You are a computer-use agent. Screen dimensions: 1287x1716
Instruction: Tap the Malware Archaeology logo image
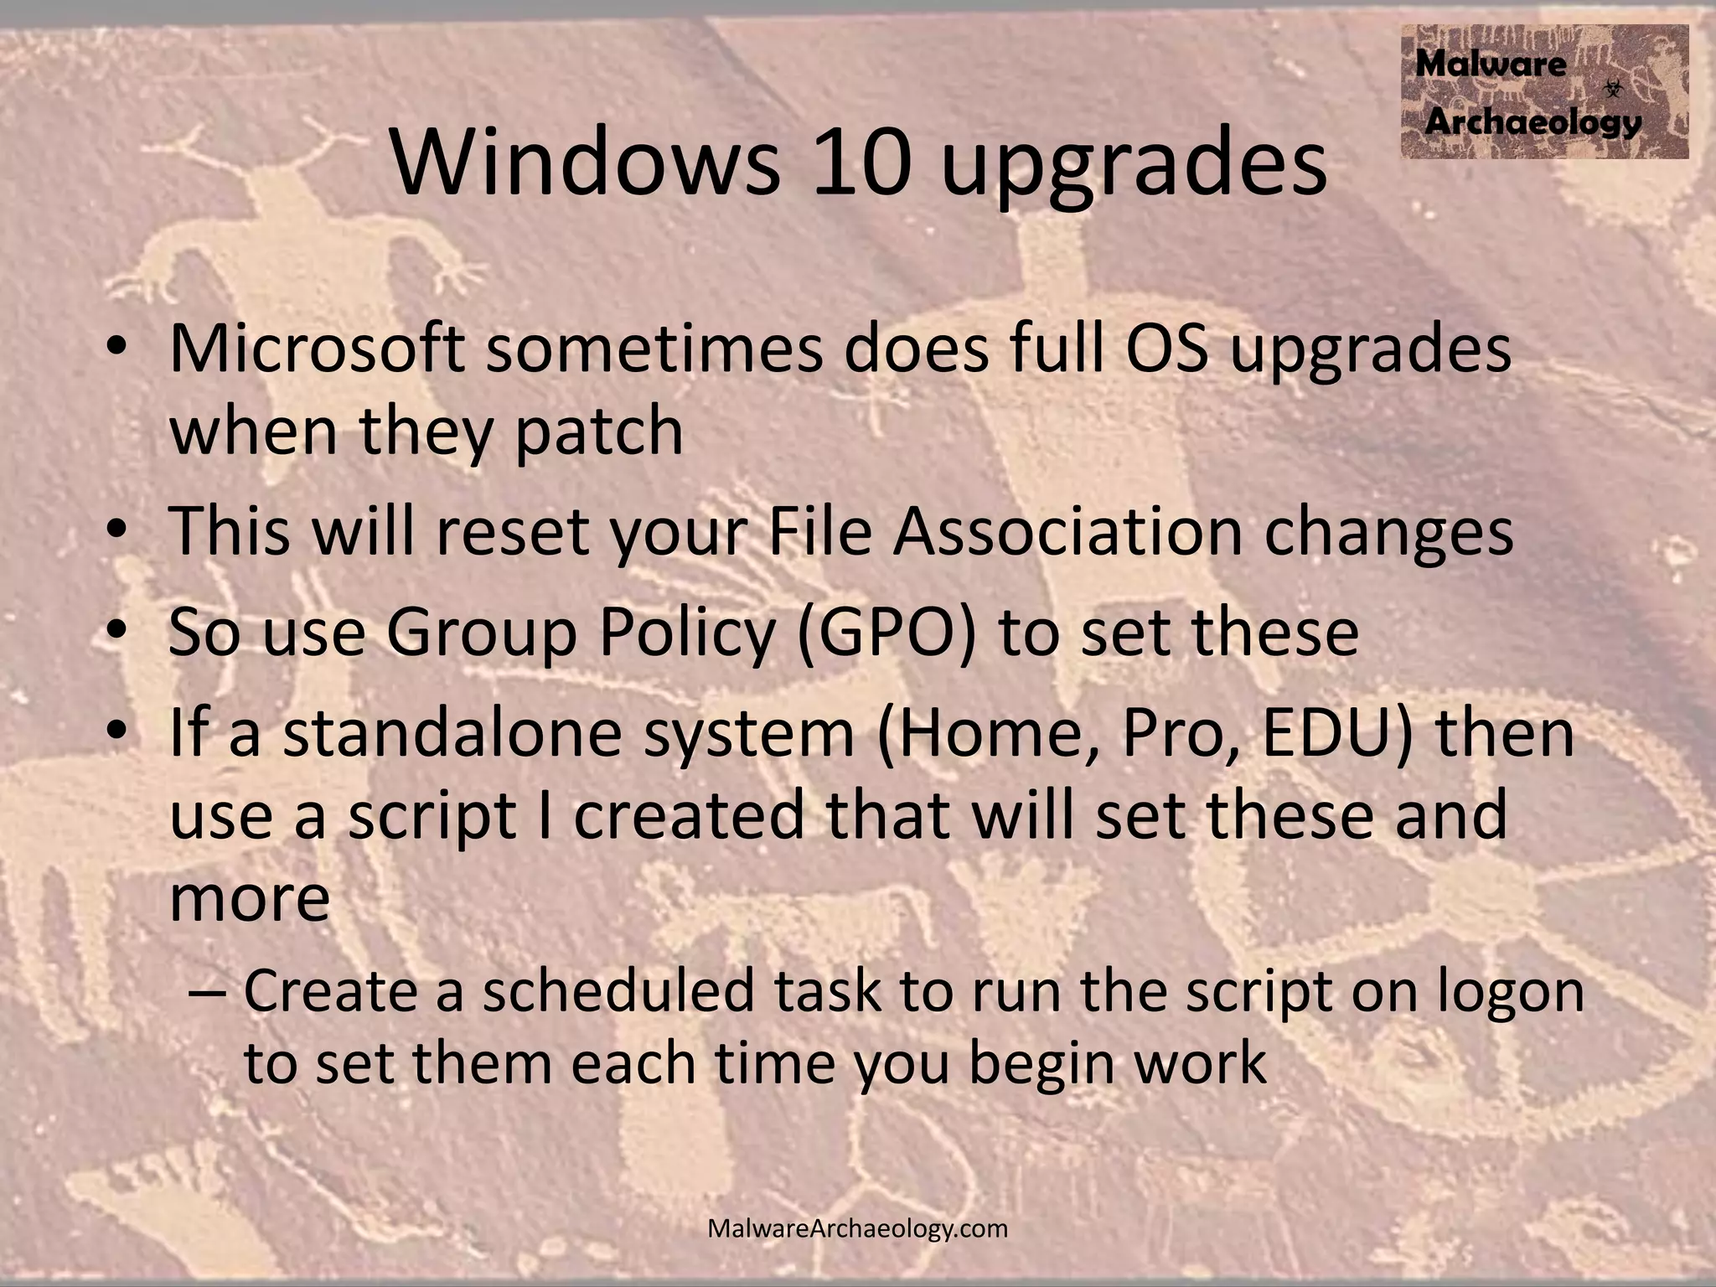(x=1544, y=91)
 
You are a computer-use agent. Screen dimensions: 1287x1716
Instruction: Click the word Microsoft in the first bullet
(x=318, y=348)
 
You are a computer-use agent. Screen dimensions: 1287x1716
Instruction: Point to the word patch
(x=599, y=430)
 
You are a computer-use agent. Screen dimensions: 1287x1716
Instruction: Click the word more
(x=250, y=898)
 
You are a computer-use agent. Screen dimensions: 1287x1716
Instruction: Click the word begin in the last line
(x=1039, y=1064)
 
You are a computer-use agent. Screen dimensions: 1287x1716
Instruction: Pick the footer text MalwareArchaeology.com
(x=857, y=1228)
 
